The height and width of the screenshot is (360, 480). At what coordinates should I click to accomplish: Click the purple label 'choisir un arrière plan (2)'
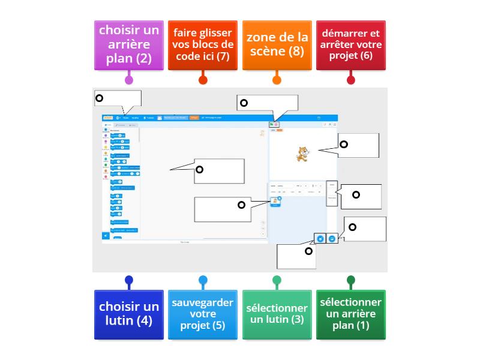tap(128, 44)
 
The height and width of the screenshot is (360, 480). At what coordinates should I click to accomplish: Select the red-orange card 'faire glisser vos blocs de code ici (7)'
tap(202, 44)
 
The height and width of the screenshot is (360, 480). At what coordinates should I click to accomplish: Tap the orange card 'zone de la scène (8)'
tap(277, 44)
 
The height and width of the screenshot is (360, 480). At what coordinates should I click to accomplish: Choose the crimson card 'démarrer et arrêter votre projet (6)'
tap(350, 44)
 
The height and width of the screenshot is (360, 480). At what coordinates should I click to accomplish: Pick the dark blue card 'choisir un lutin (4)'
tap(128, 314)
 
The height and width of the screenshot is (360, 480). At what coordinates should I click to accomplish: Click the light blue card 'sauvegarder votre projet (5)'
tap(202, 314)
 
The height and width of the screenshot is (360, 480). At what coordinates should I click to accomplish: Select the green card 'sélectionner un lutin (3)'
tap(277, 314)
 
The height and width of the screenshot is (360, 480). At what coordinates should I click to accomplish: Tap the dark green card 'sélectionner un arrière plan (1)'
tap(350, 314)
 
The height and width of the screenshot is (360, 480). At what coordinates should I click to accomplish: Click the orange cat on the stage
tap(302, 154)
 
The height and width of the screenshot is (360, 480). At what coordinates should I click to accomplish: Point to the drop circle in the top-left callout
tap(100, 98)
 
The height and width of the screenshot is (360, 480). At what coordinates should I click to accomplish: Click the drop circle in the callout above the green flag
tap(244, 103)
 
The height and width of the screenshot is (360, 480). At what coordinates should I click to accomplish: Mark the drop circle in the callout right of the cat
tap(344, 144)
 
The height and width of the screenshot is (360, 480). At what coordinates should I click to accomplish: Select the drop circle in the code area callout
tap(200, 170)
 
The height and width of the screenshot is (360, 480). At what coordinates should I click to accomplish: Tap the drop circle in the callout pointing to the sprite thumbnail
tap(242, 205)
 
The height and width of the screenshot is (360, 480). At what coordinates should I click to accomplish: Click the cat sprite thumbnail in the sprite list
tap(275, 202)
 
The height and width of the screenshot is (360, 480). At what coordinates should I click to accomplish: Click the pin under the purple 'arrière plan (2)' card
tap(128, 80)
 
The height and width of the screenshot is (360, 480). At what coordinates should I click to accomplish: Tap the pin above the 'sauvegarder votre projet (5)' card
tap(203, 280)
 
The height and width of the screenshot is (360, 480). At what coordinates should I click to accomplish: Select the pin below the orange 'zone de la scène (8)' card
tap(277, 80)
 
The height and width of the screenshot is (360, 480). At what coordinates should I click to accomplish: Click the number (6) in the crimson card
tap(367, 55)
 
